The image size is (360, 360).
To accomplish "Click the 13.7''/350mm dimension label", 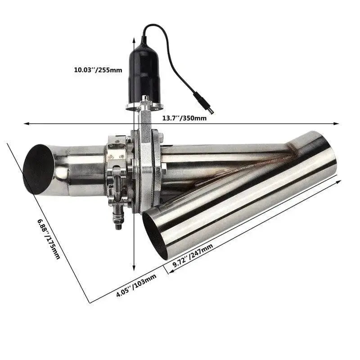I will (184, 118).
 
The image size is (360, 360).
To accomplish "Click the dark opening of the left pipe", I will (38, 169).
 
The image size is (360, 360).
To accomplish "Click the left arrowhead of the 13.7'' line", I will (26, 123).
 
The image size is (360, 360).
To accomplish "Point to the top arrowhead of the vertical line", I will (134, 40).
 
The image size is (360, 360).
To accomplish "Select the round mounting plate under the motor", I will (144, 107).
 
